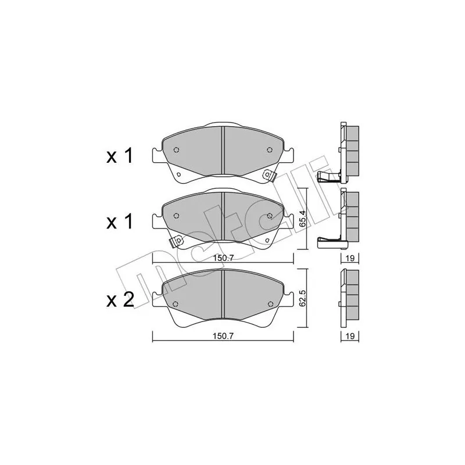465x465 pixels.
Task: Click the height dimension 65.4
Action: [x=302, y=219]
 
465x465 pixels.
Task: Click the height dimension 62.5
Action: [x=302, y=298]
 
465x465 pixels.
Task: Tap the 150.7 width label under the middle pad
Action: [x=223, y=258]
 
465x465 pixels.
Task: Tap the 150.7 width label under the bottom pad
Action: [x=223, y=336]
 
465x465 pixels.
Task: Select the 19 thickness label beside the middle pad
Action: [x=350, y=258]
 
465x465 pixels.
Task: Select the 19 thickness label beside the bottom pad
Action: [x=350, y=336]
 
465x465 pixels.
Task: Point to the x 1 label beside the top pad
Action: [x=120, y=156]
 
